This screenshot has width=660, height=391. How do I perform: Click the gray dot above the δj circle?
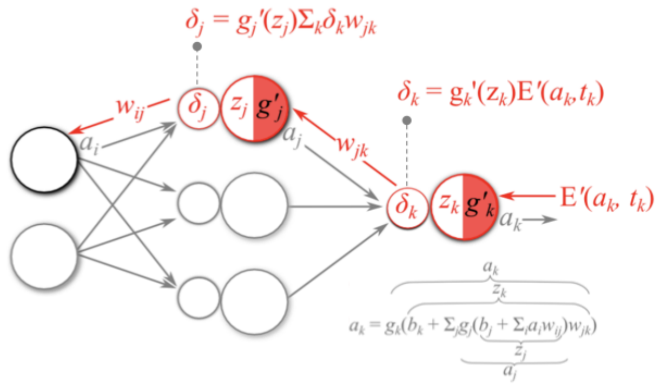click(x=197, y=47)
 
